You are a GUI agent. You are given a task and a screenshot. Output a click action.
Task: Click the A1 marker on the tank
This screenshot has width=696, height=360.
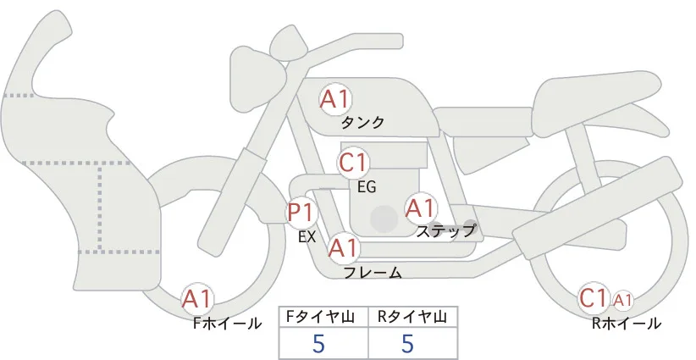point(335,100)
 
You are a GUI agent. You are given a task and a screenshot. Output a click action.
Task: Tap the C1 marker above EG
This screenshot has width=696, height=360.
point(353,163)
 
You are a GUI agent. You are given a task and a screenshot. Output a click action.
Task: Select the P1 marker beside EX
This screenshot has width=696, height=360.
point(301,213)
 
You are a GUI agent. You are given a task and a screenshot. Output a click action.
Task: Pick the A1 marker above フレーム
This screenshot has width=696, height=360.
point(343,247)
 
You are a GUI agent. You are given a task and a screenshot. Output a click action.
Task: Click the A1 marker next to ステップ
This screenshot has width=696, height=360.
point(420,208)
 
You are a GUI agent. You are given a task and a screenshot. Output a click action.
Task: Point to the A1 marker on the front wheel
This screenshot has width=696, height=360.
point(197,299)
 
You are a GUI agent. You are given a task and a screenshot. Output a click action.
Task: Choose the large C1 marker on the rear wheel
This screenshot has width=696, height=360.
point(594,298)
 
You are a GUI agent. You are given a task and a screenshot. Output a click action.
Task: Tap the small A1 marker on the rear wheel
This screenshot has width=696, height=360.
point(623,301)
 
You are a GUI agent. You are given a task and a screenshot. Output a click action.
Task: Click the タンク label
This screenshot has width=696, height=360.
point(362,123)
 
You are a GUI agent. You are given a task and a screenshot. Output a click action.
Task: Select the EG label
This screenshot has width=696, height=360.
point(367,187)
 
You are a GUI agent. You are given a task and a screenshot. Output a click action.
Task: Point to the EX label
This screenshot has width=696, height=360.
point(307,237)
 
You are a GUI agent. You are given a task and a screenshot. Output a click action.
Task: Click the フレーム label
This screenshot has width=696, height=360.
point(373,273)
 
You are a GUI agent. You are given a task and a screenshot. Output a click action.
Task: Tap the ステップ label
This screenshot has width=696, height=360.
point(445,231)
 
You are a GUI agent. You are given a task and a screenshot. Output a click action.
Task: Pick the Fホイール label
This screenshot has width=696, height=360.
point(227,324)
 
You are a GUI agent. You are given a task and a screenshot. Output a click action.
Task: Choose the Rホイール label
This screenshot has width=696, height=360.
point(627,324)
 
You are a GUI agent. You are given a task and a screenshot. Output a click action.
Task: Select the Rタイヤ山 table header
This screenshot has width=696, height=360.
point(412,317)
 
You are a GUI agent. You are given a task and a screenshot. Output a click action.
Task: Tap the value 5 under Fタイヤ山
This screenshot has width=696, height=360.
point(318,343)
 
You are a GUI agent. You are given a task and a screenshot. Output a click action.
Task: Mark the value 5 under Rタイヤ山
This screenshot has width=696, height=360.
point(407,343)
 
